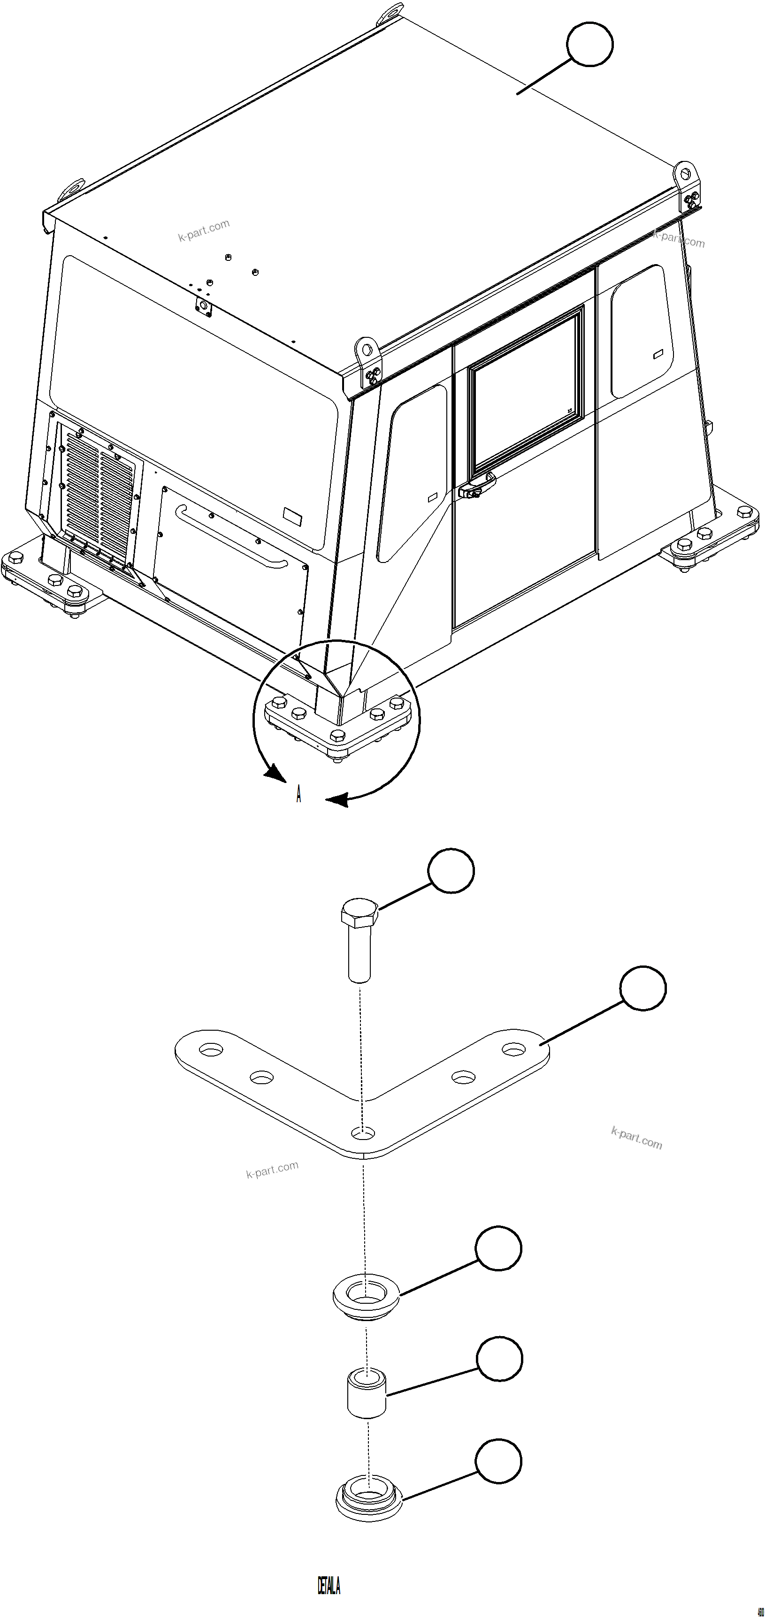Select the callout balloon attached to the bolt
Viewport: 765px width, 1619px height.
click(x=451, y=870)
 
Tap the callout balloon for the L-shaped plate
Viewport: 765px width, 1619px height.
click(x=643, y=988)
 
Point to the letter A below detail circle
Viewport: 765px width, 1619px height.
click(x=298, y=794)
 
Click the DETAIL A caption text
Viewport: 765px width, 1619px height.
click(x=328, y=1586)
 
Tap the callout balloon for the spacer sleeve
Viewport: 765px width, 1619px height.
click(x=499, y=1359)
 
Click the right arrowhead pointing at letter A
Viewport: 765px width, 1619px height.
click(x=337, y=800)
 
